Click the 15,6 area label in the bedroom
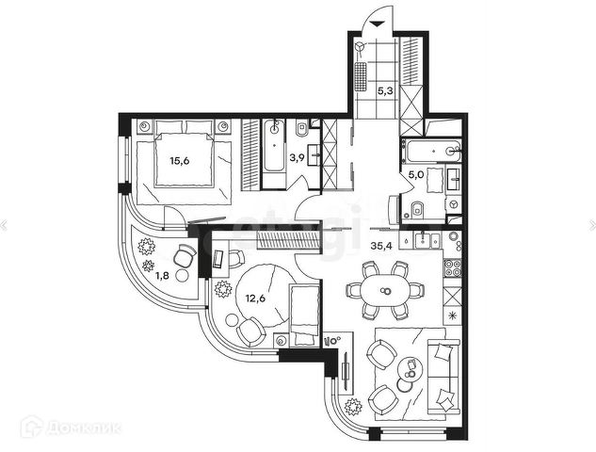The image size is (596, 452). pyautogui.click(x=178, y=161)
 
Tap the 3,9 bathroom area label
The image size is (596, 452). pyautogui.click(x=295, y=158)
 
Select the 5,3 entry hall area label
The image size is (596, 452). pyautogui.click(x=386, y=92)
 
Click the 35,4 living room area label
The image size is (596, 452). pyautogui.click(x=383, y=247)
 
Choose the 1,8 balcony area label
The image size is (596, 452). pyautogui.click(x=161, y=276)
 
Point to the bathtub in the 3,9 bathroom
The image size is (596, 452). pyautogui.click(x=272, y=147)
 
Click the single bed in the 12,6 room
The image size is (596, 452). pyautogui.click(x=304, y=315)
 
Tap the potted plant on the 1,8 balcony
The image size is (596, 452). pyautogui.click(x=147, y=247)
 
